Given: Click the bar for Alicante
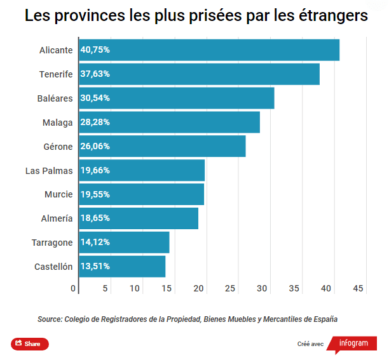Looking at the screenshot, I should [209, 50].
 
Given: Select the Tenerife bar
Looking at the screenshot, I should [199, 74].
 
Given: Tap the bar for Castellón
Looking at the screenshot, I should [122, 267].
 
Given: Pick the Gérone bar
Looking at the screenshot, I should [162, 146].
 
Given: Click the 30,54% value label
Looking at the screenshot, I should [95, 98].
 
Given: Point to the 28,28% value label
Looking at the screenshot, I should [95, 123].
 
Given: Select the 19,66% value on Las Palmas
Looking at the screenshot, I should [95, 170].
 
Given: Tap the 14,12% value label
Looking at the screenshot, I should [95, 243].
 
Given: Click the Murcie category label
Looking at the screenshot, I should [58, 194].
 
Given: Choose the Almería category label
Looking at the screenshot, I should [57, 218].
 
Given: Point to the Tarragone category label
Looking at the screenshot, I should [52, 243].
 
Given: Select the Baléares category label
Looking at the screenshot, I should [55, 98].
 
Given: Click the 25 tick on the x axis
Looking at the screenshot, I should [231, 289].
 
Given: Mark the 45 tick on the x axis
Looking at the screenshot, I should [358, 289].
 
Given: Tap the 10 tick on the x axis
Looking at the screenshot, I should [135, 289].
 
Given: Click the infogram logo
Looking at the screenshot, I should [353, 343].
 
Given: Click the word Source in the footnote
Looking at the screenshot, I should [49, 319].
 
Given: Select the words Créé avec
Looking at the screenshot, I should [311, 344].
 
